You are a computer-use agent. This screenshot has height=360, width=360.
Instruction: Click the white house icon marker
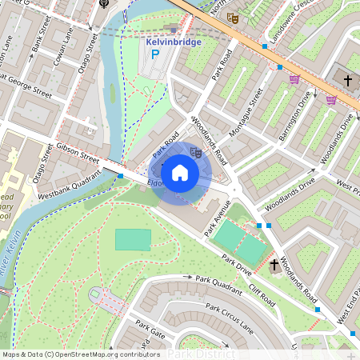[x=180, y=173]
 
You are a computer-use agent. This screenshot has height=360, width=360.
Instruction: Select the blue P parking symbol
[x=156, y=56]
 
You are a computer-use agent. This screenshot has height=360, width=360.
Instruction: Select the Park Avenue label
[x=217, y=218]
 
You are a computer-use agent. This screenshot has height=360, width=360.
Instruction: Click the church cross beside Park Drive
[x=274, y=264]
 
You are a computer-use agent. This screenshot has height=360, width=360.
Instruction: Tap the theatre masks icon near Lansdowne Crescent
[x=233, y=18]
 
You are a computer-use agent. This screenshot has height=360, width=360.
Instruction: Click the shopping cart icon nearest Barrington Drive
[x=294, y=79]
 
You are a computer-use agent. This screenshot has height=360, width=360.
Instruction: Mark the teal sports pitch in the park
[x=132, y=238]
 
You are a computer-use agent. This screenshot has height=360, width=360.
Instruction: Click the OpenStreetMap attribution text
[x=80, y=354]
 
